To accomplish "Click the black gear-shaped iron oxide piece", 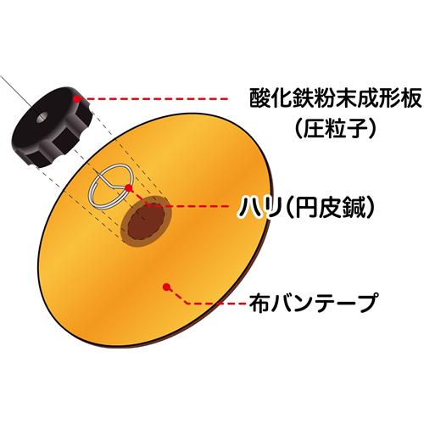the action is point(53,127).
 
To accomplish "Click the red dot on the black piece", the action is point(76,98).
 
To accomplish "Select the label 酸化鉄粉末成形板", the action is point(335,98).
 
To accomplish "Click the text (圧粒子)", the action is point(335,127).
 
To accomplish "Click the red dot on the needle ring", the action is point(128,187).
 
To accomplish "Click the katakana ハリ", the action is point(260,208).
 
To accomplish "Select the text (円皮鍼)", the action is point(331,208).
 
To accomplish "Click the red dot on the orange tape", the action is point(166,287).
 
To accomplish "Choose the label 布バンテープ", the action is point(313,303).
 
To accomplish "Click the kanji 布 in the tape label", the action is point(259,303).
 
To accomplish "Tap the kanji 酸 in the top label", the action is point(259,98).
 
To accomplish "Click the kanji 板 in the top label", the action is point(411,98).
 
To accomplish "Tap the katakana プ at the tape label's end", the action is point(366,303).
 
